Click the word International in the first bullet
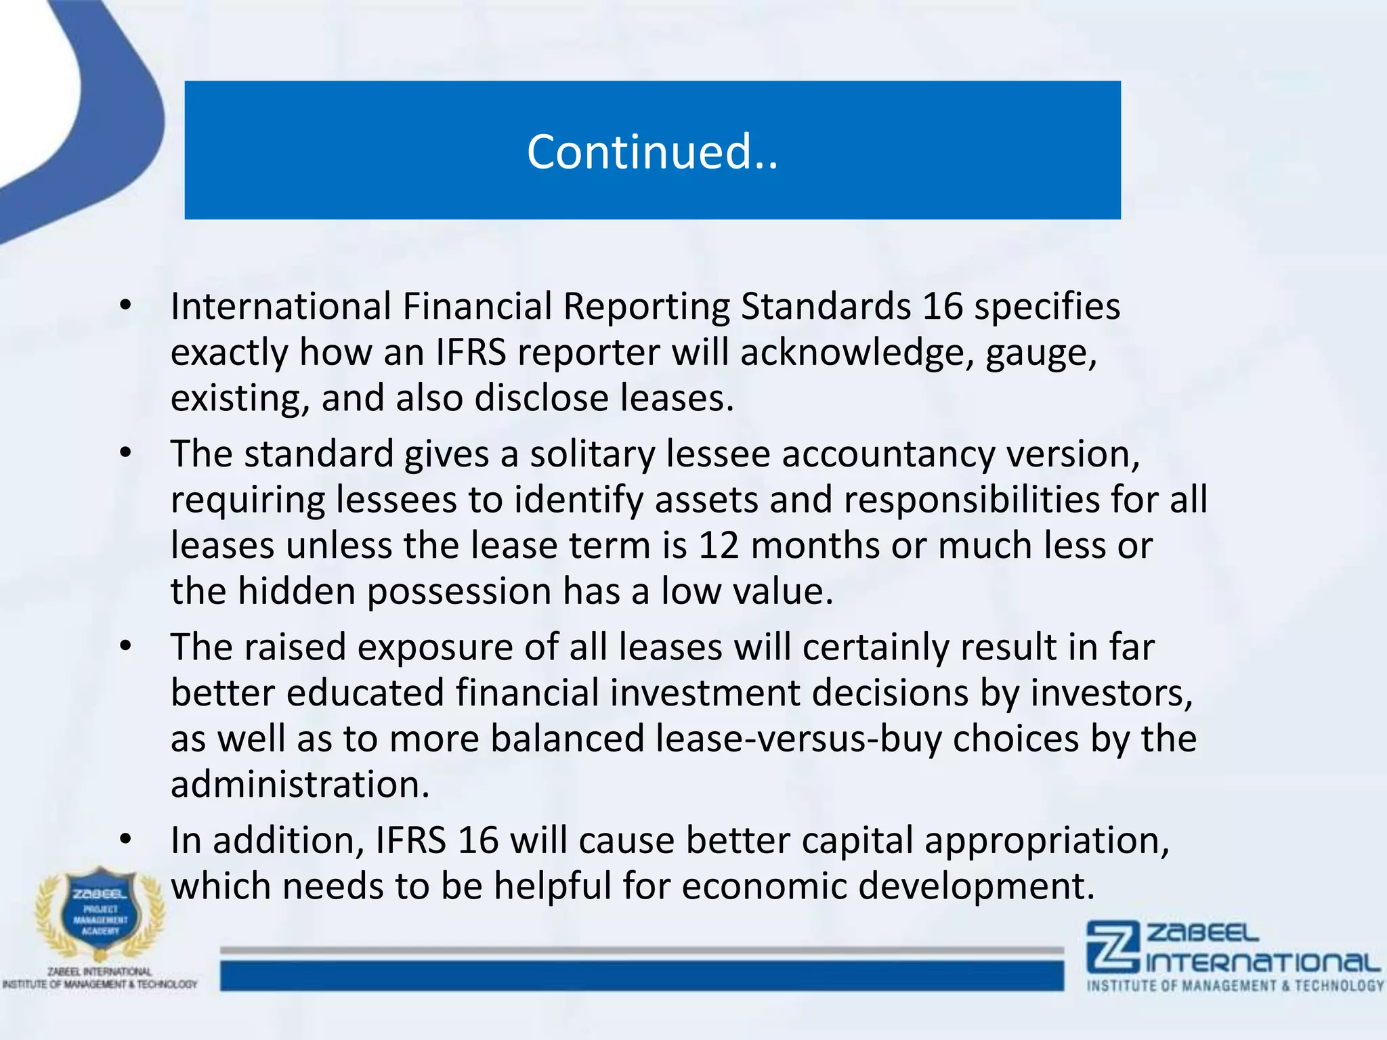280,307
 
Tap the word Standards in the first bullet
826,307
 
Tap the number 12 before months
719,546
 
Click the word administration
300,785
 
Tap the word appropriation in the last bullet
1046,842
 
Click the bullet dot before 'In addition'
125,840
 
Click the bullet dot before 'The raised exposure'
125,647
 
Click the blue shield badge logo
101,911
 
